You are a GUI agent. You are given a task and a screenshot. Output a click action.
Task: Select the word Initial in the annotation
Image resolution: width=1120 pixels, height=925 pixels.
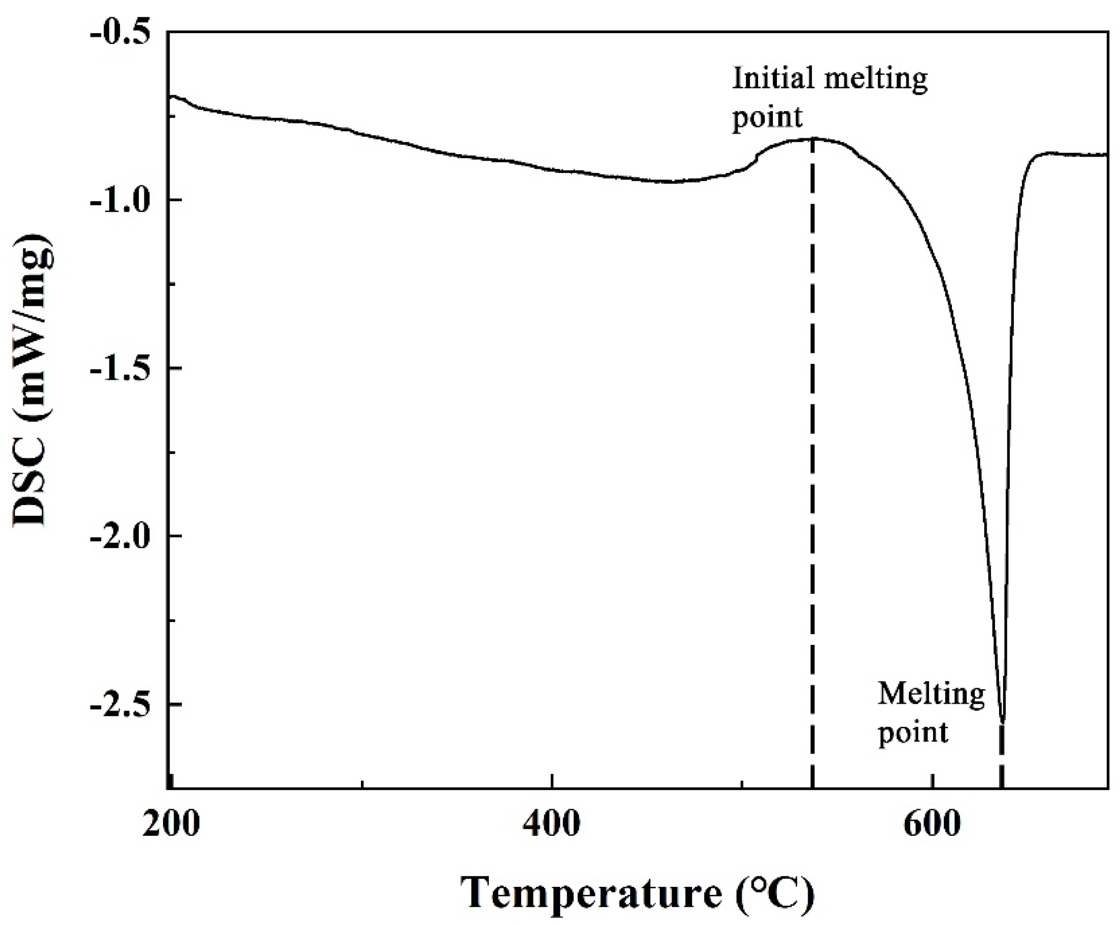(773, 79)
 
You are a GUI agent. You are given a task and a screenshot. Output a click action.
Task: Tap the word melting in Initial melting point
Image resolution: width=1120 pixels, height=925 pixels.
(874, 79)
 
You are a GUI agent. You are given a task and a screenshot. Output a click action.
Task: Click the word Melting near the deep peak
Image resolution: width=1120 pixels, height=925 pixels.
(931, 695)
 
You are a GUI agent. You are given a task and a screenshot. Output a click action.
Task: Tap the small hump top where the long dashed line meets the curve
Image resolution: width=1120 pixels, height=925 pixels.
(813, 139)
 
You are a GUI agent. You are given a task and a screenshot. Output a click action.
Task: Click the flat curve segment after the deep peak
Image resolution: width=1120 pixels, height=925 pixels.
(1071, 155)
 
